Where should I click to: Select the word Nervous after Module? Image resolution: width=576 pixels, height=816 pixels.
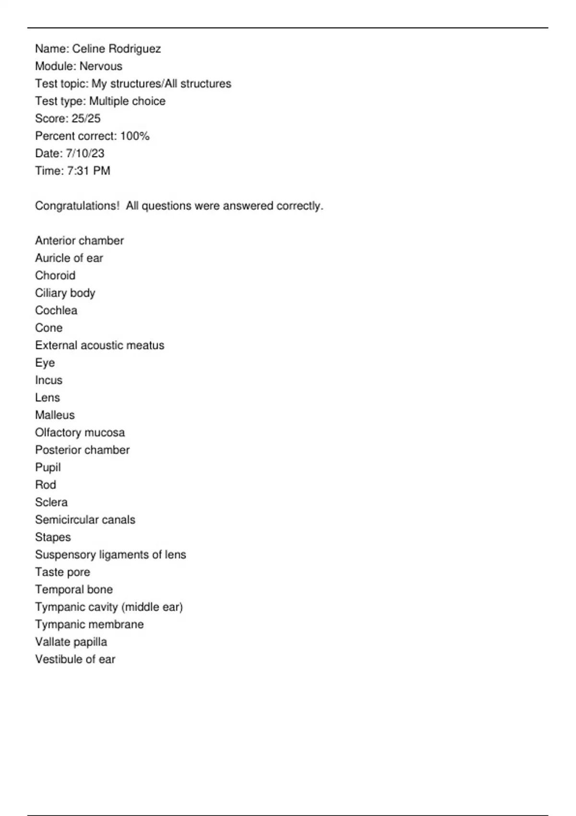point(101,66)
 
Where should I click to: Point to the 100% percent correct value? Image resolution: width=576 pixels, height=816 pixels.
point(135,136)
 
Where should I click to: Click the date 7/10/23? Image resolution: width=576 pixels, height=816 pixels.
point(85,154)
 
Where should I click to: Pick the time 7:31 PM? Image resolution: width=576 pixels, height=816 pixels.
point(88,171)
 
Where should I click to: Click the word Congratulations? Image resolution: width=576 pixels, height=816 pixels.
point(77,206)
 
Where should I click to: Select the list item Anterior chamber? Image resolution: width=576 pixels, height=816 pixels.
point(79,240)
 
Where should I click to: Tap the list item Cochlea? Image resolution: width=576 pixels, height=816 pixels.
point(56,311)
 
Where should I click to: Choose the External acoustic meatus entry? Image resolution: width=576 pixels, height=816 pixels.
point(99,345)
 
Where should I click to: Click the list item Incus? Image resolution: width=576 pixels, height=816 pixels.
point(48,380)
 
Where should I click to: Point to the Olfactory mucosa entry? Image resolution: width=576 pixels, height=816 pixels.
point(80,432)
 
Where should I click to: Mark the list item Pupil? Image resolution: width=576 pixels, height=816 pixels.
point(48,468)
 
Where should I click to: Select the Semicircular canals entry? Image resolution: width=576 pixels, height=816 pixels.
point(85,520)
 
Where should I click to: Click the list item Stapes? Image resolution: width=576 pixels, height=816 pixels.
point(53,537)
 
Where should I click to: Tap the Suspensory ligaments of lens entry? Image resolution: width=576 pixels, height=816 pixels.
point(110,555)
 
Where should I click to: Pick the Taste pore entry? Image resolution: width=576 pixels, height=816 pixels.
point(62,572)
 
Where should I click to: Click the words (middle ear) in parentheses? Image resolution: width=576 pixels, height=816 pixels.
point(152,607)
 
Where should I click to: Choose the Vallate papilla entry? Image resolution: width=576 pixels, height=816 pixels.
point(71,642)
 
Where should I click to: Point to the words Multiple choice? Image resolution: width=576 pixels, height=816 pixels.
point(127,101)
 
